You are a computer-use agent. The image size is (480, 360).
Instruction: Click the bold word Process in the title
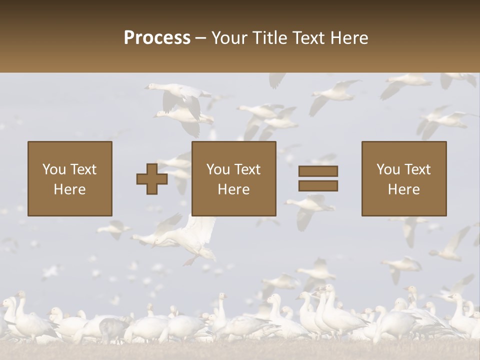point(157,38)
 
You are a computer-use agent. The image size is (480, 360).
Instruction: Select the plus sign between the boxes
point(152,179)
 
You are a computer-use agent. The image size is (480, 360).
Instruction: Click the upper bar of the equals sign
point(318,171)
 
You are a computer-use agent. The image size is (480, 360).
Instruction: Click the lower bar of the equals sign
point(318,186)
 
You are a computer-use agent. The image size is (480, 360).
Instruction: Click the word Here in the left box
point(70,189)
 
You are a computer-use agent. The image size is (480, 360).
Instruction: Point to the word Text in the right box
point(417,169)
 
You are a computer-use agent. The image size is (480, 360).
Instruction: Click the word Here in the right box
point(404,189)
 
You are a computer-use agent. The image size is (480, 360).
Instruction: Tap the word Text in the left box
point(83,169)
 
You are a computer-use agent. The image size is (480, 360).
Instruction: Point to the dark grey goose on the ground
point(113,327)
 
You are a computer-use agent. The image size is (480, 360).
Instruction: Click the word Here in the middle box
point(234,189)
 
